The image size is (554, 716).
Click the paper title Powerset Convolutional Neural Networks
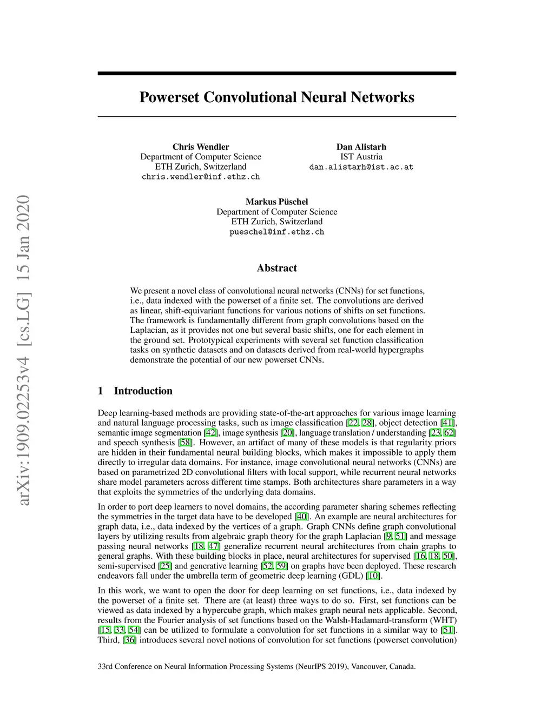[x=276, y=97]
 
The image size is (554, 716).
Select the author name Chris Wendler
[x=201, y=147]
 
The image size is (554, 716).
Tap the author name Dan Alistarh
[x=361, y=147]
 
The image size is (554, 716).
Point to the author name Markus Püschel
[x=276, y=202]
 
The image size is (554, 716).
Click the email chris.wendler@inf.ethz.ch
[x=201, y=177]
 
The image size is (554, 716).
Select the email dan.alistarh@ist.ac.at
[x=361, y=167]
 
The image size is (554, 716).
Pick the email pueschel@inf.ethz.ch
[x=276, y=232]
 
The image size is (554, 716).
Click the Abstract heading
[x=276, y=268]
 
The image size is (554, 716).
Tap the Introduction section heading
[x=143, y=391]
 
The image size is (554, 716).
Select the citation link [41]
[x=447, y=423]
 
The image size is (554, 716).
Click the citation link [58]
[x=186, y=443]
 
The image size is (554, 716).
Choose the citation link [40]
[x=301, y=517]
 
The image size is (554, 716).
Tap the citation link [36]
[x=130, y=640]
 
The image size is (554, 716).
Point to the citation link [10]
[x=373, y=576]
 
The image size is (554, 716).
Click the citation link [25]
[x=165, y=566]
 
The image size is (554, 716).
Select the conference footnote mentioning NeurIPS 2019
[x=256, y=666]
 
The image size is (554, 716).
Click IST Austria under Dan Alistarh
[x=361, y=157]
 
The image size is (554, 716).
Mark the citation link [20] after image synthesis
[x=288, y=433]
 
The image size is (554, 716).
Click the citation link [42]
[x=210, y=433]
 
